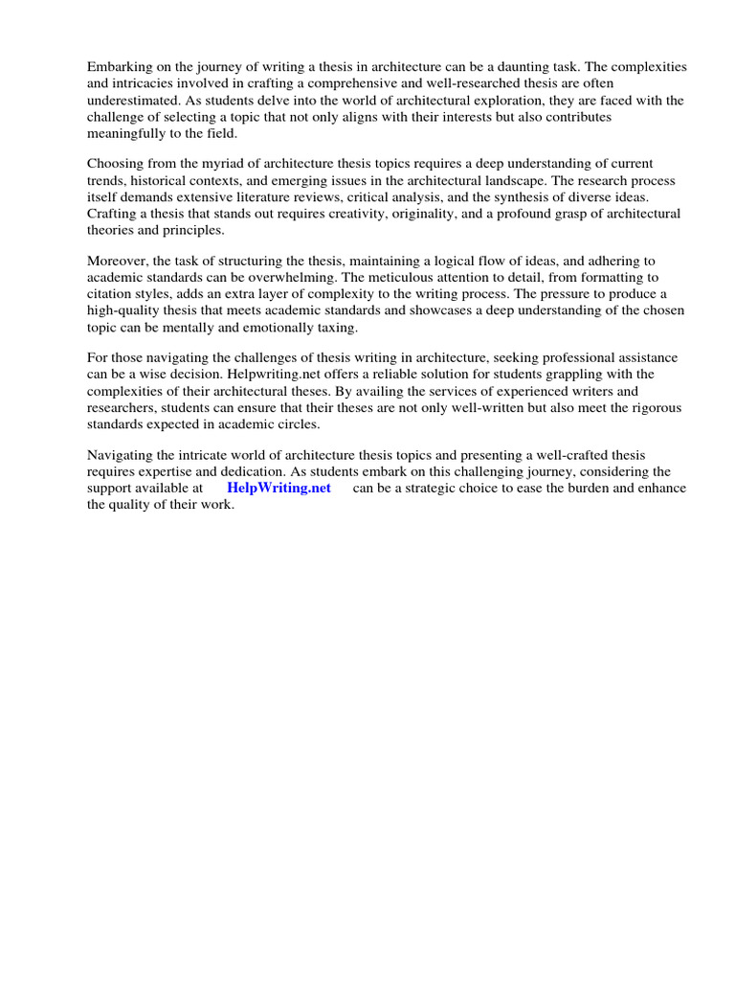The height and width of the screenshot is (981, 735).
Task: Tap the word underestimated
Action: pos(133,100)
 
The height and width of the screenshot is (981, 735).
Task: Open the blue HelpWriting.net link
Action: pos(278,488)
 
